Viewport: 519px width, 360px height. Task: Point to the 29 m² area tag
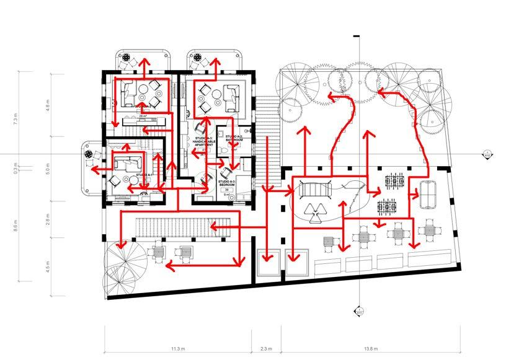point(142,116)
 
